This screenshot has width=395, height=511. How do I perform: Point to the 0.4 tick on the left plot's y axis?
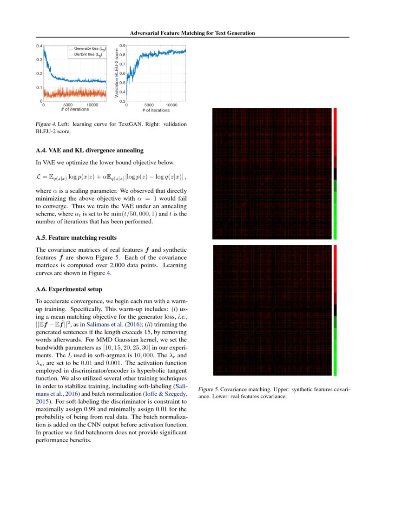39,46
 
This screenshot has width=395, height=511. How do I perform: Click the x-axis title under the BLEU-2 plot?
156,110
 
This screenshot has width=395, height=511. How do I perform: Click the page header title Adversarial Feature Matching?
192,33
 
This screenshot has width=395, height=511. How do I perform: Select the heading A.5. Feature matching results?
76,238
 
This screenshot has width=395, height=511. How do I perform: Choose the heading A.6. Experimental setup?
69,289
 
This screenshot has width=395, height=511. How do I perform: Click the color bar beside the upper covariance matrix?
335,173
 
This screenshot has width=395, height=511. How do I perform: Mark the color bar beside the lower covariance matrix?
335,310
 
